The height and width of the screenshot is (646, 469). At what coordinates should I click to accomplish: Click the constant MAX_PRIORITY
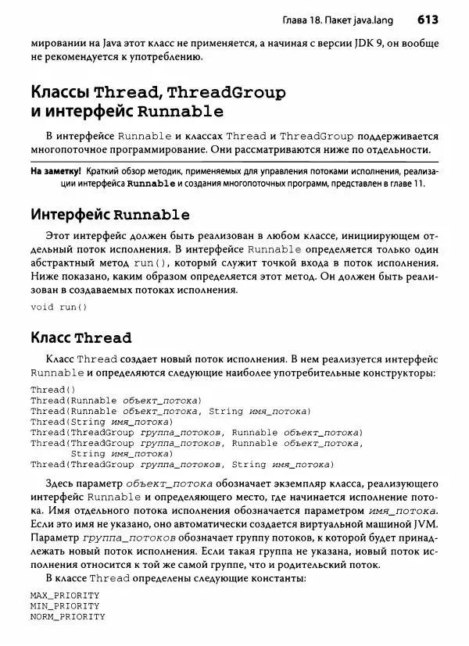click(65, 595)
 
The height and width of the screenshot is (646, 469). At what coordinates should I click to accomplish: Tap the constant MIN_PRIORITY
click(65, 606)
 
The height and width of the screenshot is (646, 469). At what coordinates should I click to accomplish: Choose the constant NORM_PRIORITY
click(67, 617)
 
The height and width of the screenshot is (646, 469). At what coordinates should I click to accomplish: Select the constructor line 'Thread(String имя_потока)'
click(102, 421)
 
